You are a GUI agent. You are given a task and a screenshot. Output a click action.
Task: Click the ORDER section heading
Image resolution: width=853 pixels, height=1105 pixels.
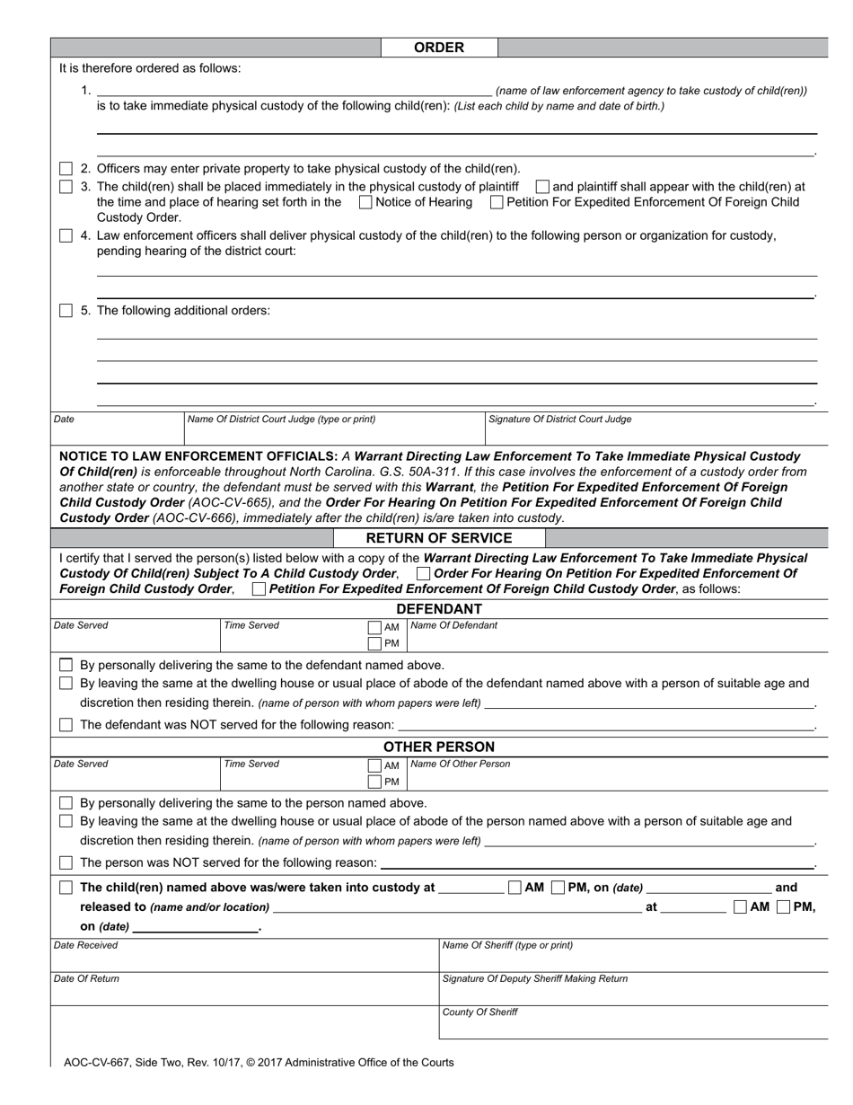click(438, 48)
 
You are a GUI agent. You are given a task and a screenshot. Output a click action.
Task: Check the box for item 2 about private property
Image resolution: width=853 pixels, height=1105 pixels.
click(66, 169)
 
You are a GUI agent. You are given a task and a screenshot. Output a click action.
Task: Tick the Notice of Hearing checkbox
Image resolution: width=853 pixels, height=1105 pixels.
click(365, 203)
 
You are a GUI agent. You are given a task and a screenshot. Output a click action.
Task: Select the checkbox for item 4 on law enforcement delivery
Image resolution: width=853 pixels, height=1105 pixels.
click(66, 236)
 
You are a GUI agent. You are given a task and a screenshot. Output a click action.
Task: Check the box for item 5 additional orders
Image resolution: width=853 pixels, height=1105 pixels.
click(66, 311)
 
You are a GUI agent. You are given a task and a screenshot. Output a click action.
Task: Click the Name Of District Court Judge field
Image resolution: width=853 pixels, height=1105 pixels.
click(332, 432)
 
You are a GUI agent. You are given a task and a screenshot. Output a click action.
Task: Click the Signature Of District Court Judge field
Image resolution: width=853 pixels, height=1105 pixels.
click(655, 432)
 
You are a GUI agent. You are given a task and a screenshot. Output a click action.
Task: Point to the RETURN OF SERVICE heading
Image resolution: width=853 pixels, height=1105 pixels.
click(438, 538)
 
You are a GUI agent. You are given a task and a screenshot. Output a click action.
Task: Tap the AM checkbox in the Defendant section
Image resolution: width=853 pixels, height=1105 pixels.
click(374, 627)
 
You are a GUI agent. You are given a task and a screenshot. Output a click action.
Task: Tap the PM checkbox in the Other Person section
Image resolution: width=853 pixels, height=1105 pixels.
click(374, 782)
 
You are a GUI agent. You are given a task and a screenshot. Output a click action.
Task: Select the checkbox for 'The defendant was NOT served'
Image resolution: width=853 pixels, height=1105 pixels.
click(66, 725)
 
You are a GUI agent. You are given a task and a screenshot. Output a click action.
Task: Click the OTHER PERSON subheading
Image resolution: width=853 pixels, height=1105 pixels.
click(438, 747)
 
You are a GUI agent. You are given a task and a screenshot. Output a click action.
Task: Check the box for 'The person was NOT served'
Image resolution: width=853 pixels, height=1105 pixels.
click(66, 863)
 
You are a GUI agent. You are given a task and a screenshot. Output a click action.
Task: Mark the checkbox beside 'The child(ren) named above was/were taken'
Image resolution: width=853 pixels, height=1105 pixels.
click(66, 888)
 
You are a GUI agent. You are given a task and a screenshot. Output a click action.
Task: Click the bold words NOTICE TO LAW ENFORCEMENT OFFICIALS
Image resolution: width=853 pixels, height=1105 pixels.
click(198, 456)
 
